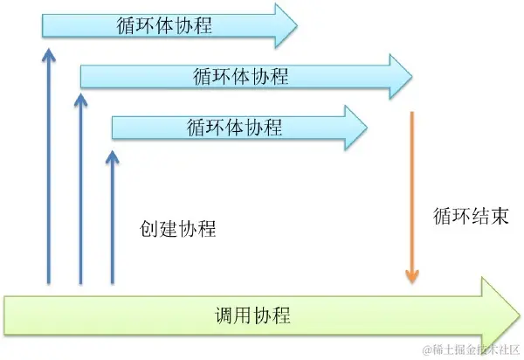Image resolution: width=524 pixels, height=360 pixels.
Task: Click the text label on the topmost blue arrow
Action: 163,25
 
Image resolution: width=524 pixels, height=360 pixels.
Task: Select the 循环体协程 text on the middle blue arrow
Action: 240,76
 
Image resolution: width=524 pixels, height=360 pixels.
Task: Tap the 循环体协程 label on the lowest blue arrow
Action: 234,127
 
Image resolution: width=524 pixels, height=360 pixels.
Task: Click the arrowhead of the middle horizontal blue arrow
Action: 400,76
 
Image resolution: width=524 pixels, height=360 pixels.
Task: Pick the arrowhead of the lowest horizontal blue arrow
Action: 354,128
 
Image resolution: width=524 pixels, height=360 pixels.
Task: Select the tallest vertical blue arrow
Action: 48,166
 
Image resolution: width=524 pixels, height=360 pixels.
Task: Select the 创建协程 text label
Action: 177,229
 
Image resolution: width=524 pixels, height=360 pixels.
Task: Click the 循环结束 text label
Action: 470,214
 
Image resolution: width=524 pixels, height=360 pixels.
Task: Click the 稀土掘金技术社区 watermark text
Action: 472,350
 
